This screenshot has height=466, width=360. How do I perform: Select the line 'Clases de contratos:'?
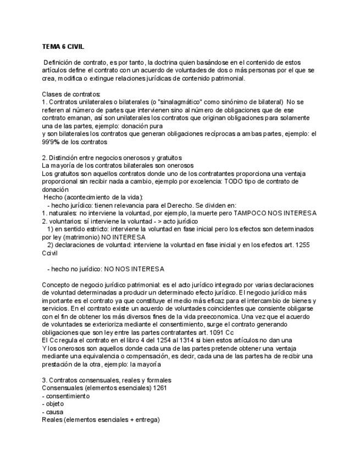(71, 94)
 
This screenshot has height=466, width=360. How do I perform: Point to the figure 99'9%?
(53, 142)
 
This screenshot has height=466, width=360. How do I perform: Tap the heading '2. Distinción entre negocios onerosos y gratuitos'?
(112, 158)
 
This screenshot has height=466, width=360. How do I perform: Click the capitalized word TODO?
(243, 181)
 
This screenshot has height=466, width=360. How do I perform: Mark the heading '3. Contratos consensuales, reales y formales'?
(106, 380)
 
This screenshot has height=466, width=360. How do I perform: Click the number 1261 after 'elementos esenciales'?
(160, 388)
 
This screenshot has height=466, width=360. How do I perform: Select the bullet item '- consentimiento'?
(65, 396)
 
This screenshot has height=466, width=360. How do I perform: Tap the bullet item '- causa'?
(52, 412)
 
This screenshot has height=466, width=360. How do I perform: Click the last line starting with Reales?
(101, 420)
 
